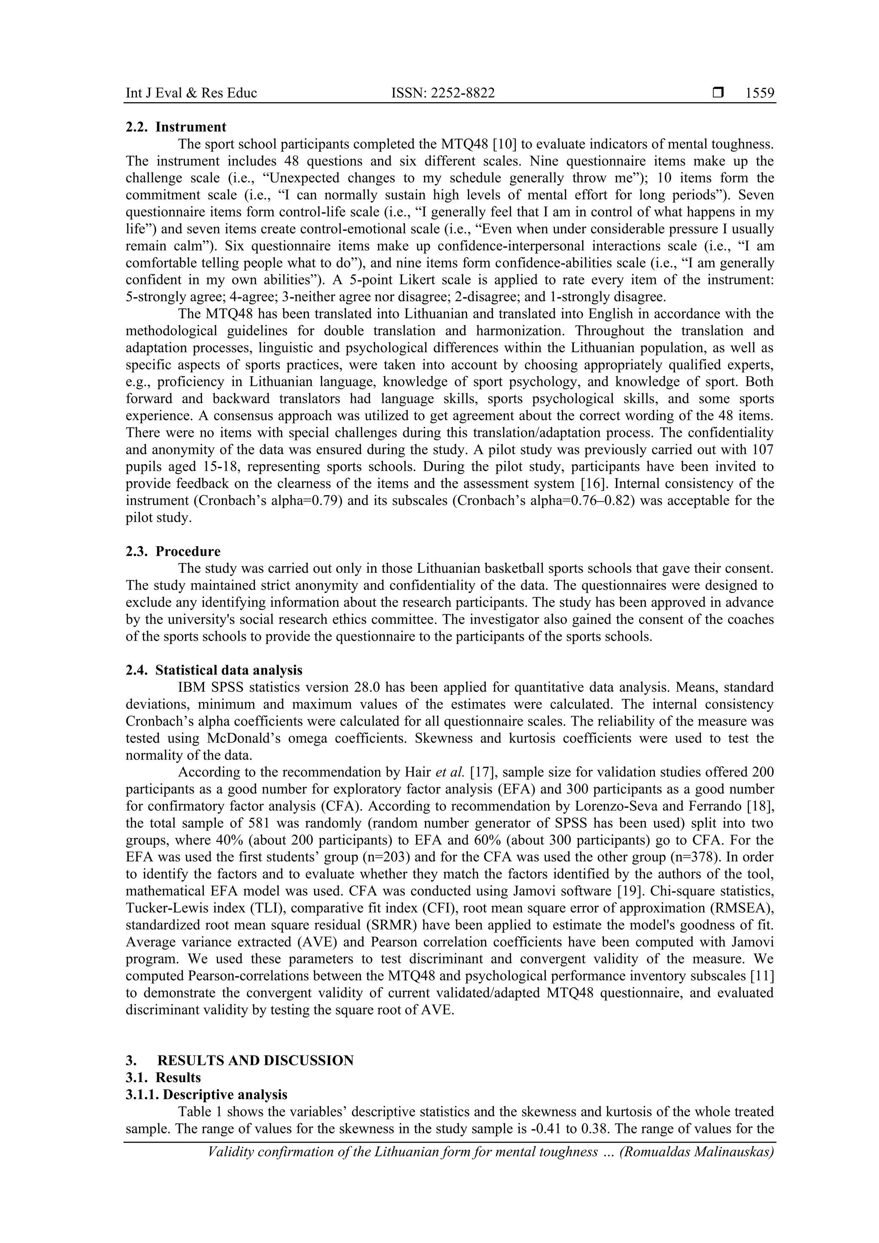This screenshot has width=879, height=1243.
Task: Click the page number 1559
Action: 759,93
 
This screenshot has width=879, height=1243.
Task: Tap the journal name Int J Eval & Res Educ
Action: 191,93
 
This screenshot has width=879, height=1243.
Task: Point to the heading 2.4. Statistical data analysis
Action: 214,670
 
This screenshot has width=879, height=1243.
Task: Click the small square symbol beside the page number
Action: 718,93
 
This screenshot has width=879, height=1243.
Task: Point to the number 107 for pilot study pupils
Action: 763,449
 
